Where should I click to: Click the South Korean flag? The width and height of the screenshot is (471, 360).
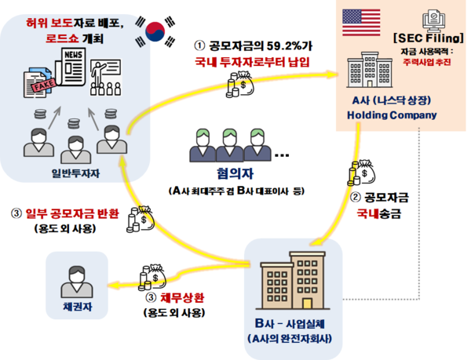tap(155, 31)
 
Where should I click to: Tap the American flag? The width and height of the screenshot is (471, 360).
tap(361, 23)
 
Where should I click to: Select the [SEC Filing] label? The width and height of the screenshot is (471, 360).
tap(429, 38)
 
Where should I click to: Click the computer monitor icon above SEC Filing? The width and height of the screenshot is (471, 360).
tap(434, 21)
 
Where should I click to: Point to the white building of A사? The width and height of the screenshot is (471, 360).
tap(370, 70)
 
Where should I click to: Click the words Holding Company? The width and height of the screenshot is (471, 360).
tap(392, 115)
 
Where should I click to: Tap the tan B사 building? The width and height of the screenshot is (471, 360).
tap(293, 281)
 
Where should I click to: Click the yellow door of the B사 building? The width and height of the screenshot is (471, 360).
tap(307, 304)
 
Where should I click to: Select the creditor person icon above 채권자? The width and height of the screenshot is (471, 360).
tap(77, 282)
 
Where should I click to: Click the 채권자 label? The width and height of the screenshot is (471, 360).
tap(78, 307)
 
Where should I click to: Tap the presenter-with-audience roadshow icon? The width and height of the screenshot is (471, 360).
tap(105, 78)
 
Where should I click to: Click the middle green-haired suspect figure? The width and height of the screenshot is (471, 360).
tap(230, 145)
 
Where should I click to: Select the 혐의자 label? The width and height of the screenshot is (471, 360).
tap(235, 173)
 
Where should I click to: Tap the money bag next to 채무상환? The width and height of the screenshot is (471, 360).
tap(152, 278)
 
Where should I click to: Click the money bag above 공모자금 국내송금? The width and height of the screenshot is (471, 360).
tap(362, 173)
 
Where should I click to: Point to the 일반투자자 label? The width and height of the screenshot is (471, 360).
tap(75, 173)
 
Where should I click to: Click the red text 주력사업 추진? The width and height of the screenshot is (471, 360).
tap(426, 62)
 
